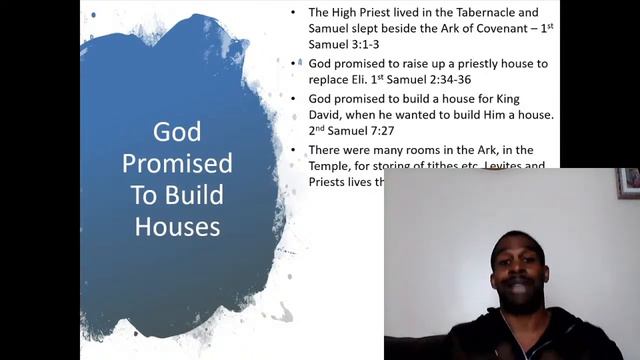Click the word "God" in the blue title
pyautogui.click(x=177, y=132)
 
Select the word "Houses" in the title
pyautogui.click(x=177, y=226)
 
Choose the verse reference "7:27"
pyautogui.click(x=404, y=131)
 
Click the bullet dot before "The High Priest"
pyautogui.click(x=292, y=13)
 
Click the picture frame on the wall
pyautogui.click(x=628, y=183)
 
